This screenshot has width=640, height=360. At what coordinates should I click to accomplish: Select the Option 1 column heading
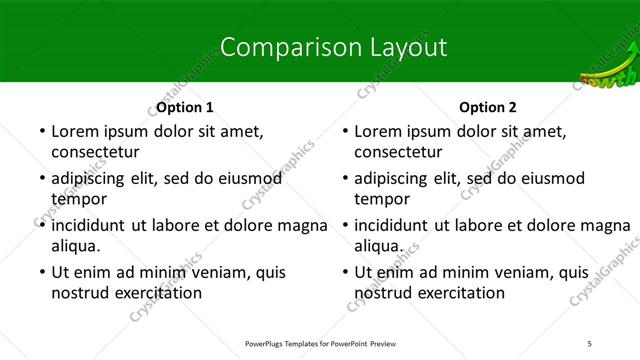[185, 107]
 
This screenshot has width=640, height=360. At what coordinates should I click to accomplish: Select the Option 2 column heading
[488, 107]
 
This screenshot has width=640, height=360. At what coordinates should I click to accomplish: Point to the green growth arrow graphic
[608, 75]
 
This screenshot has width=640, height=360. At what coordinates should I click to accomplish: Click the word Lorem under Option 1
[76, 131]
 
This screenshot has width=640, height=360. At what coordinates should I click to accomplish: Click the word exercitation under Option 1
[155, 293]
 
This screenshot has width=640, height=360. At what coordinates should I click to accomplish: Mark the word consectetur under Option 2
[398, 152]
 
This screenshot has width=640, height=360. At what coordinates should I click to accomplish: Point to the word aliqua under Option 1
[76, 246]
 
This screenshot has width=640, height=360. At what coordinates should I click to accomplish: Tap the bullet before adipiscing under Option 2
[344, 179]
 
